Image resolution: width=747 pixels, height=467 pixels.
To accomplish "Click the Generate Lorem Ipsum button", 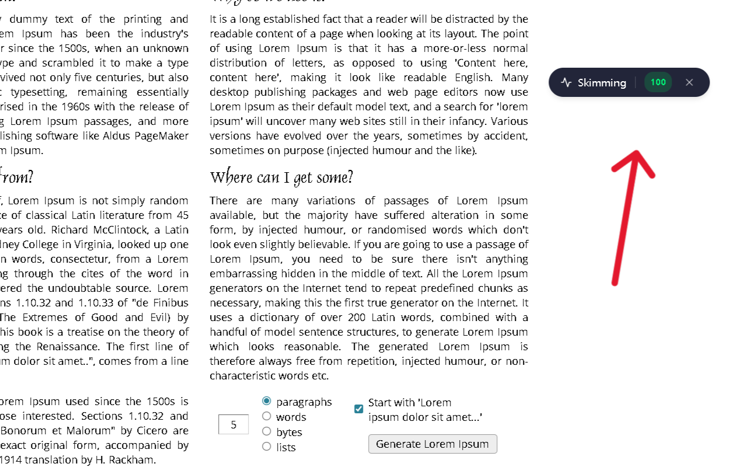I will click(432, 444).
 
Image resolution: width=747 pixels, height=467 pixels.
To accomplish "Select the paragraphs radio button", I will click(267, 401).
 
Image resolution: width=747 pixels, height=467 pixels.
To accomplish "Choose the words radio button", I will click(267, 416).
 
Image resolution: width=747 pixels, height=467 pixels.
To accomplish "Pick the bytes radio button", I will click(267, 431).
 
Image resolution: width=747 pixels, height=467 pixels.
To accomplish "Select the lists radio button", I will click(267, 447).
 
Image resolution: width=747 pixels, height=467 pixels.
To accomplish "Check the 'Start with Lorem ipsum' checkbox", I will click(359, 409).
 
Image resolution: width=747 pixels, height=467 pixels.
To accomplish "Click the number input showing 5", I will click(233, 424).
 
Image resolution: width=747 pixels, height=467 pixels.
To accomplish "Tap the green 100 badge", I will click(658, 82).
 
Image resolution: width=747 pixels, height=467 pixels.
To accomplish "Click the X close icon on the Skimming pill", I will click(689, 82).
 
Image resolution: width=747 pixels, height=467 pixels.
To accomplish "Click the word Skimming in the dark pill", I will click(602, 83).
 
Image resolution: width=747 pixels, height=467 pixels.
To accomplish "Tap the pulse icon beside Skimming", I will click(566, 83).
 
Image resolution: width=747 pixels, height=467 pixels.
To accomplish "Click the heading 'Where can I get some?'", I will click(281, 177).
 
